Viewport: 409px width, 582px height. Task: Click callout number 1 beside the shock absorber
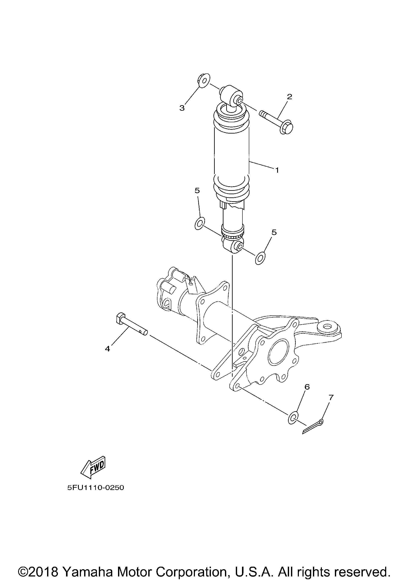(x=277, y=170)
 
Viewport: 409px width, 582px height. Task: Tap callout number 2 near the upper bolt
(x=289, y=97)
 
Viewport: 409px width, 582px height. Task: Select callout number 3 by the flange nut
(x=182, y=108)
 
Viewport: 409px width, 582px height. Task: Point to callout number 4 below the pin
(x=108, y=349)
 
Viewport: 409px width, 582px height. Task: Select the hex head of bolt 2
(x=286, y=128)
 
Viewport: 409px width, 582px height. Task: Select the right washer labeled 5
(x=260, y=258)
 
